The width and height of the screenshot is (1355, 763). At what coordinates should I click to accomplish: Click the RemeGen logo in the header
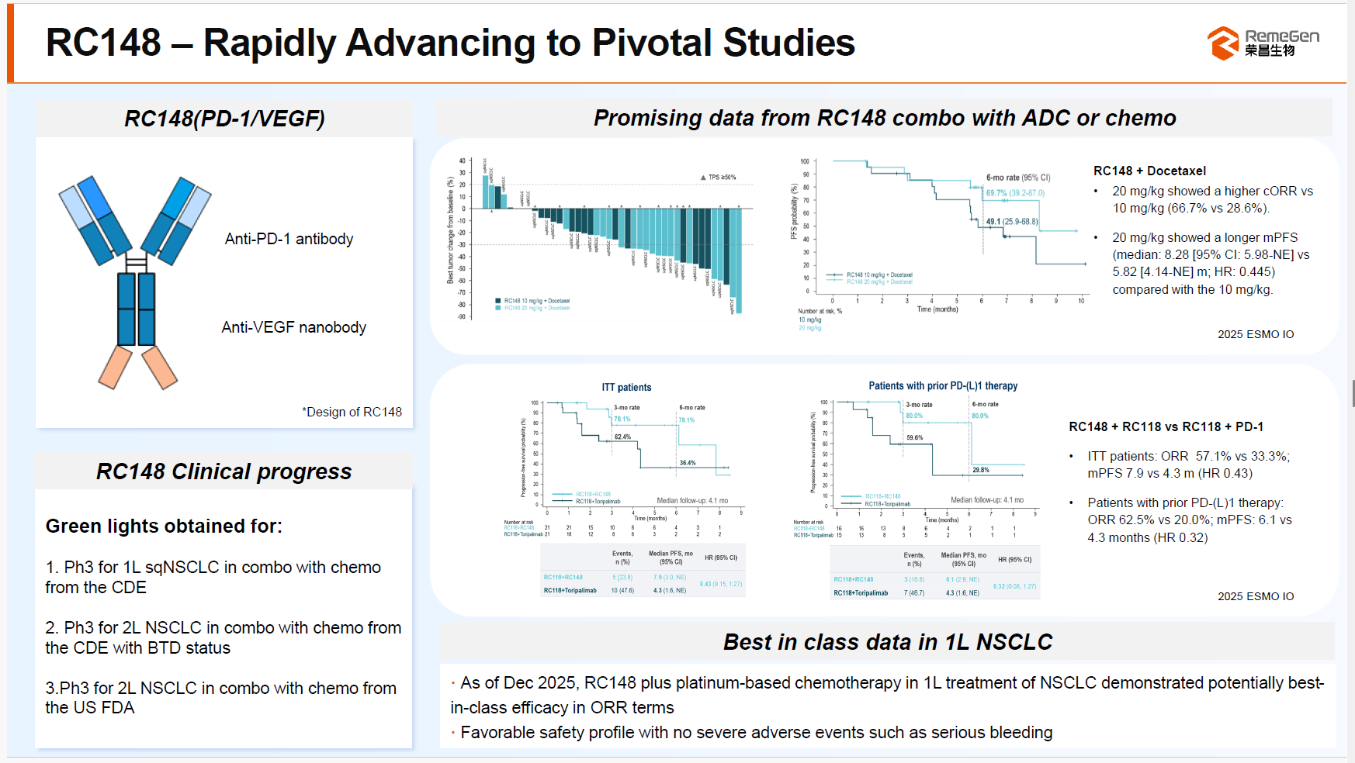(x=1263, y=43)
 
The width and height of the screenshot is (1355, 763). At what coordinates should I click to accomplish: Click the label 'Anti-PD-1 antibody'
(x=289, y=239)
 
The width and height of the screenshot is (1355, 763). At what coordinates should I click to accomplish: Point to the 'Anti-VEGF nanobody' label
(x=293, y=327)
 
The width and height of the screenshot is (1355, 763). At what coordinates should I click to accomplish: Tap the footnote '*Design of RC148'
(x=352, y=412)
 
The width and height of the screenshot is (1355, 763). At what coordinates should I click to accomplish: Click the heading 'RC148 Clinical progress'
(x=224, y=471)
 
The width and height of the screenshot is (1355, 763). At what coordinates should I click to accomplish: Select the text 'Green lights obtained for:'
(x=164, y=526)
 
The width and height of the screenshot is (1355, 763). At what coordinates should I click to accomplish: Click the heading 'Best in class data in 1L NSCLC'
(x=887, y=642)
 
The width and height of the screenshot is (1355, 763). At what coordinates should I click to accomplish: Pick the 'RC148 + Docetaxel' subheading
(x=1149, y=171)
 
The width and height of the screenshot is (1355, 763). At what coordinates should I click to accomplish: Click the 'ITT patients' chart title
(x=626, y=387)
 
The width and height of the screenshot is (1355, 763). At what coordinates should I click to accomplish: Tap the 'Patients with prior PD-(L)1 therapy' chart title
(x=942, y=385)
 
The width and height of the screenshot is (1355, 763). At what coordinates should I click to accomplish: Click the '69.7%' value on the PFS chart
(x=996, y=193)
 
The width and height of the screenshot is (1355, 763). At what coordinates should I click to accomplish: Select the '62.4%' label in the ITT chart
(x=622, y=437)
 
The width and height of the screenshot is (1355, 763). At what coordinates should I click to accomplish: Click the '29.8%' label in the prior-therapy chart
(x=980, y=470)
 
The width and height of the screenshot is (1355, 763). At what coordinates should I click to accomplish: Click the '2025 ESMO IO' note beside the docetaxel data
(x=1255, y=334)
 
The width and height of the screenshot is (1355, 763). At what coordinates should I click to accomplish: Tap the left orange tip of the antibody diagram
(x=115, y=368)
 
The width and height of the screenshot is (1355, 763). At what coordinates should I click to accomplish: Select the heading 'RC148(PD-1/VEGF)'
(x=224, y=119)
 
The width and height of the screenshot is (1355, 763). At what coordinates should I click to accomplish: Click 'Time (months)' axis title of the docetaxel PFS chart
(x=937, y=309)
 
